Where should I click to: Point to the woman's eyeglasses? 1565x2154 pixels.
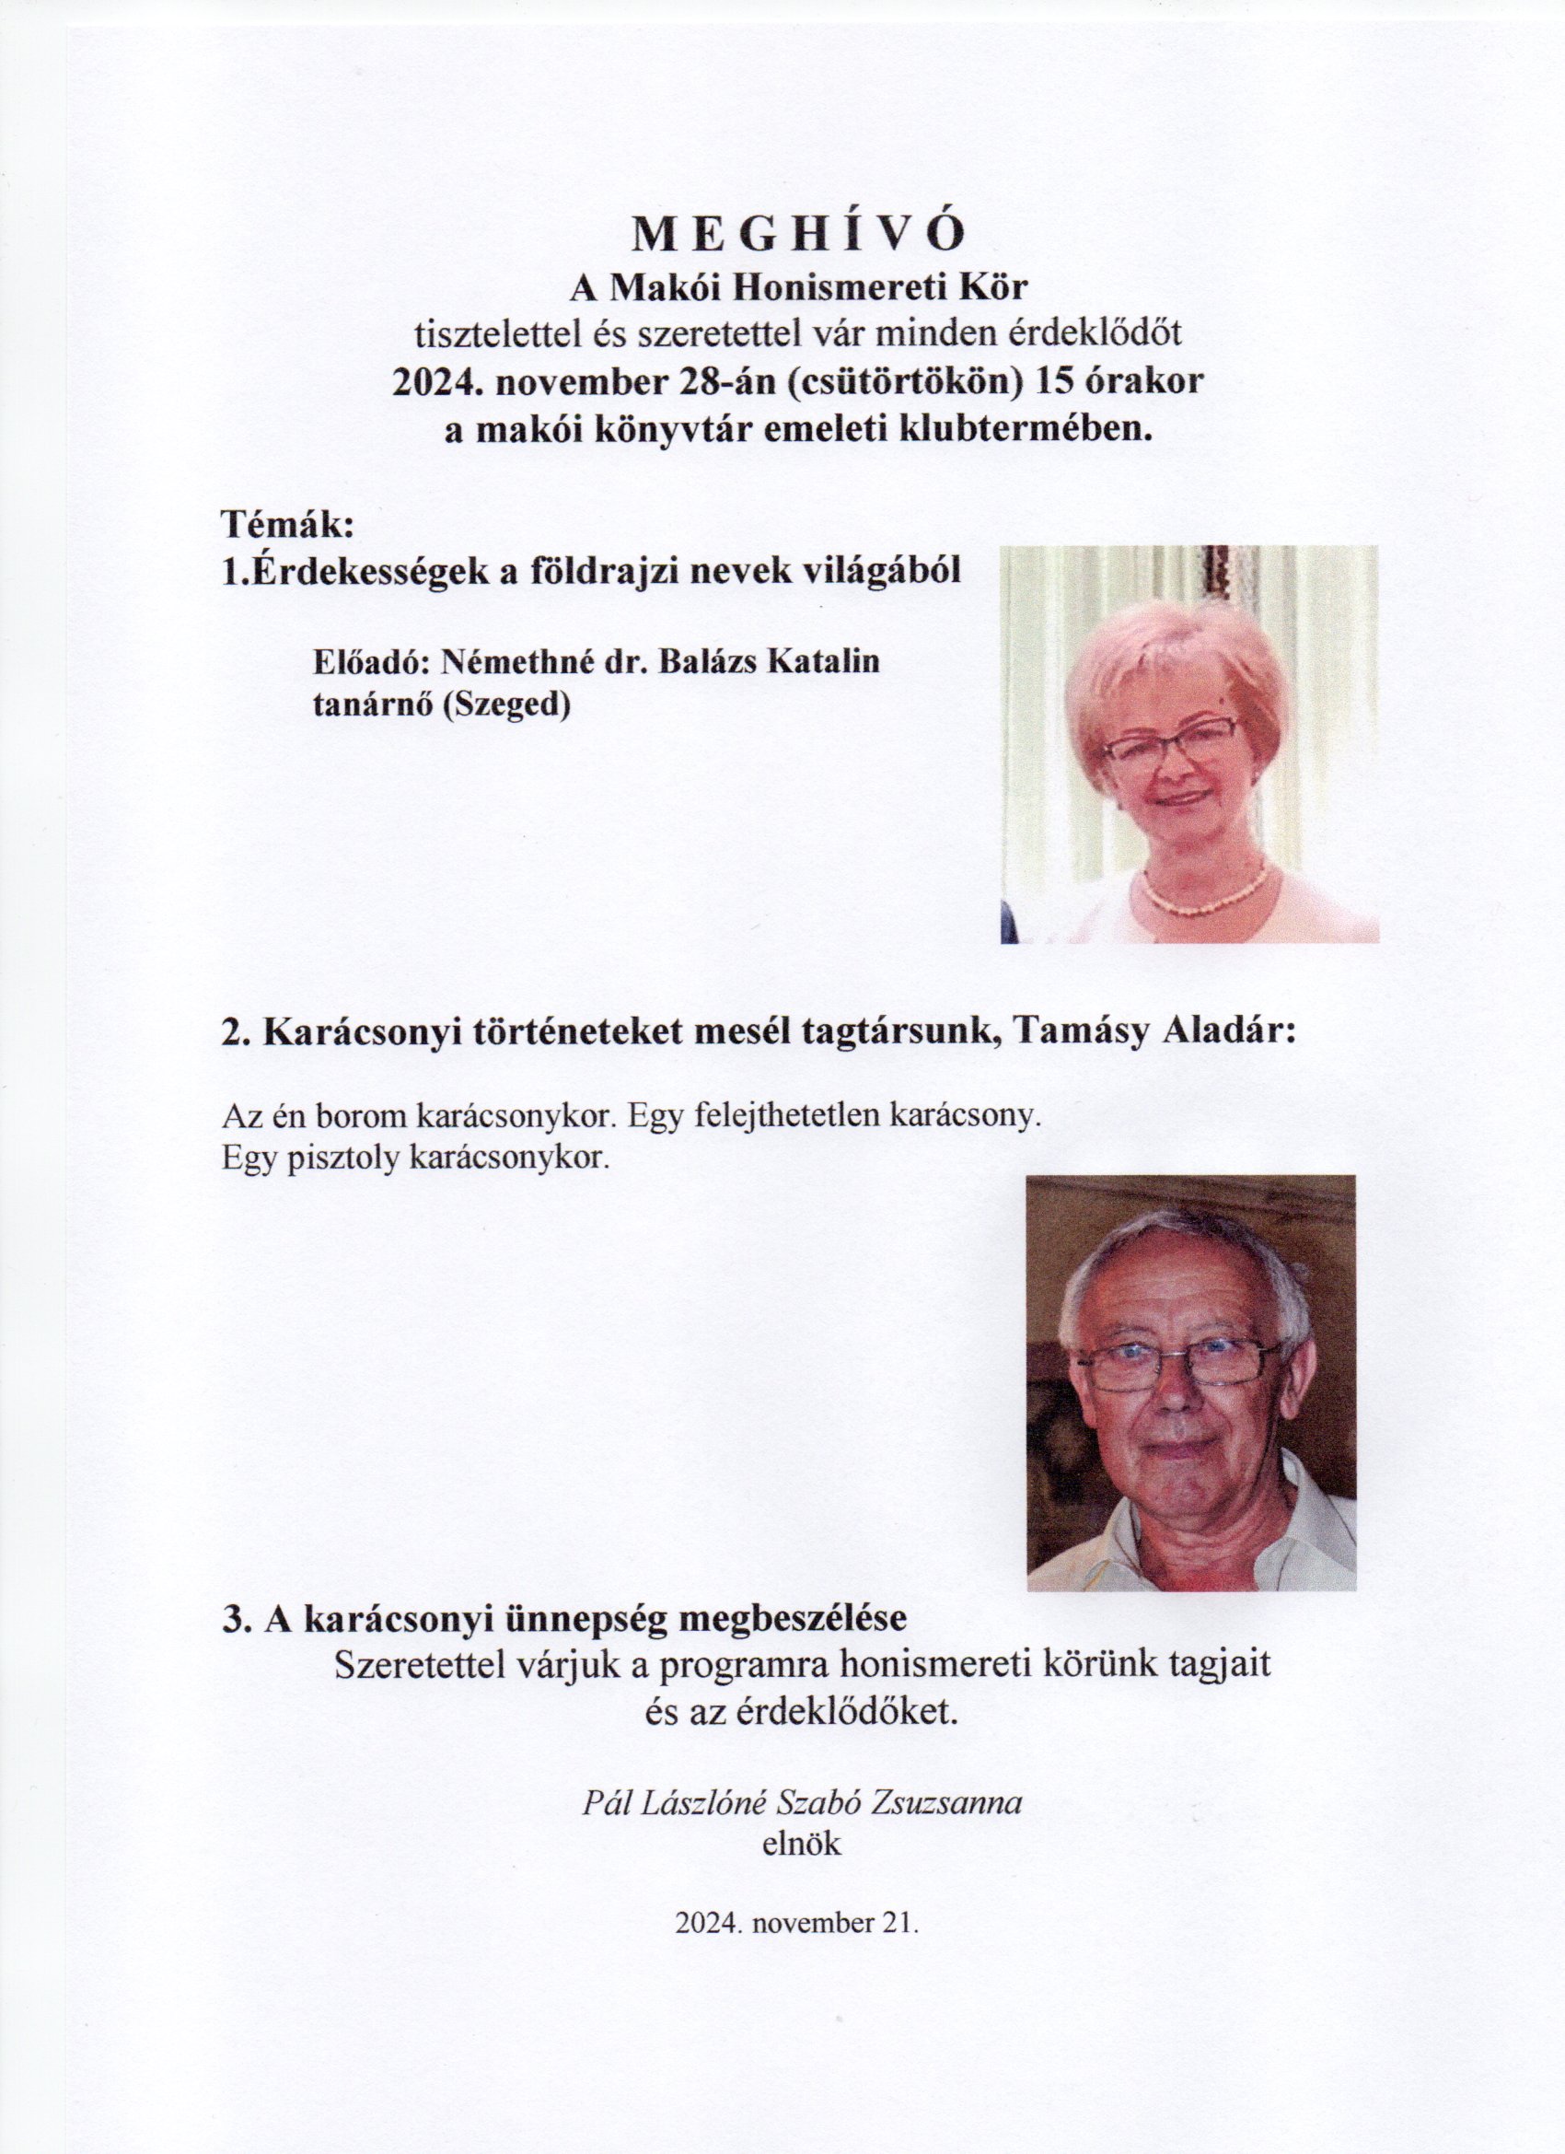coord(1171,740)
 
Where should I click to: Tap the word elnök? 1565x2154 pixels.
coord(802,1844)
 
